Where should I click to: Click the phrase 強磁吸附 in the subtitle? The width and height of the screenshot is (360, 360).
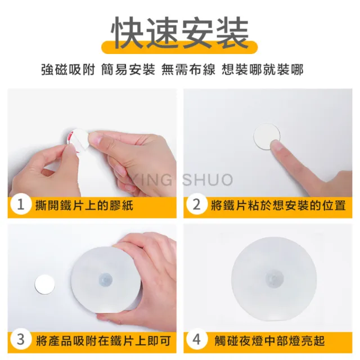67,70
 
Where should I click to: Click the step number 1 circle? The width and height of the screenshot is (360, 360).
21,205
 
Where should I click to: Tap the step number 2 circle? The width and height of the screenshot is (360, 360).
197,205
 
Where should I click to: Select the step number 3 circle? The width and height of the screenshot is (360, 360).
21,340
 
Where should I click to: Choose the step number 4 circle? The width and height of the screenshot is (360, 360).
197,340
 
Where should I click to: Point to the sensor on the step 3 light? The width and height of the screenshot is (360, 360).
106,278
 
